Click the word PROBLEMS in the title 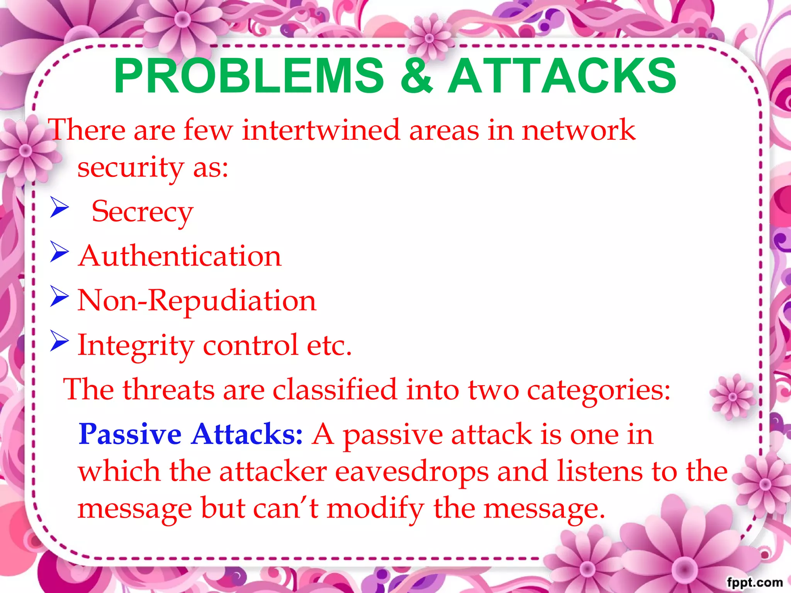[249, 76]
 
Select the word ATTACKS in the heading [562, 76]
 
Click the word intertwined [321, 130]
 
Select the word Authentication [180, 256]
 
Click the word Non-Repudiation [197, 301]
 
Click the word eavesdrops [412, 472]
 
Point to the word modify [375, 509]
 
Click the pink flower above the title [429, 38]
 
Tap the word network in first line [578, 130]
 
